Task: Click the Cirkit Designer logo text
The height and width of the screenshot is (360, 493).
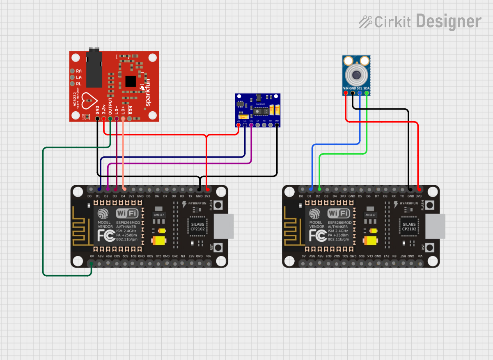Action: pyautogui.click(x=427, y=21)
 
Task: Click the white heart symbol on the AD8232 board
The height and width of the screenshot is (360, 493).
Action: pyautogui.click(x=88, y=100)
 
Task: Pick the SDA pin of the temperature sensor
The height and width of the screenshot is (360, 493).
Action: pyautogui.click(x=367, y=94)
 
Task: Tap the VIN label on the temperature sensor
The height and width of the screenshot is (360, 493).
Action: pyautogui.click(x=346, y=88)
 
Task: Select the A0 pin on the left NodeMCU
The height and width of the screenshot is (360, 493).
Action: pyautogui.click(x=91, y=263)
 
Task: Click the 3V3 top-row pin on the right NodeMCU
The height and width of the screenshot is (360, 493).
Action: pyautogui.click(x=419, y=189)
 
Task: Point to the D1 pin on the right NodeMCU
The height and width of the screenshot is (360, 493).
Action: pyautogui.click(x=311, y=189)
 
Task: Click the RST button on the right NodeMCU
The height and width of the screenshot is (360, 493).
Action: pyautogui.click(x=430, y=248)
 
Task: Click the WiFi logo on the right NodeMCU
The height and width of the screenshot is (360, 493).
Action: pyautogui.click(x=339, y=213)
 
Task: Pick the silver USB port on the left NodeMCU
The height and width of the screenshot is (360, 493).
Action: pyautogui.click(x=224, y=226)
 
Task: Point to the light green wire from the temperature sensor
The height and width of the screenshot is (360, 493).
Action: pyautogui.click(x=343, y=154)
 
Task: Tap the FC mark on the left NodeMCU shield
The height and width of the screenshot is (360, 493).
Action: pyautogui.click(x=105, y=236)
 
